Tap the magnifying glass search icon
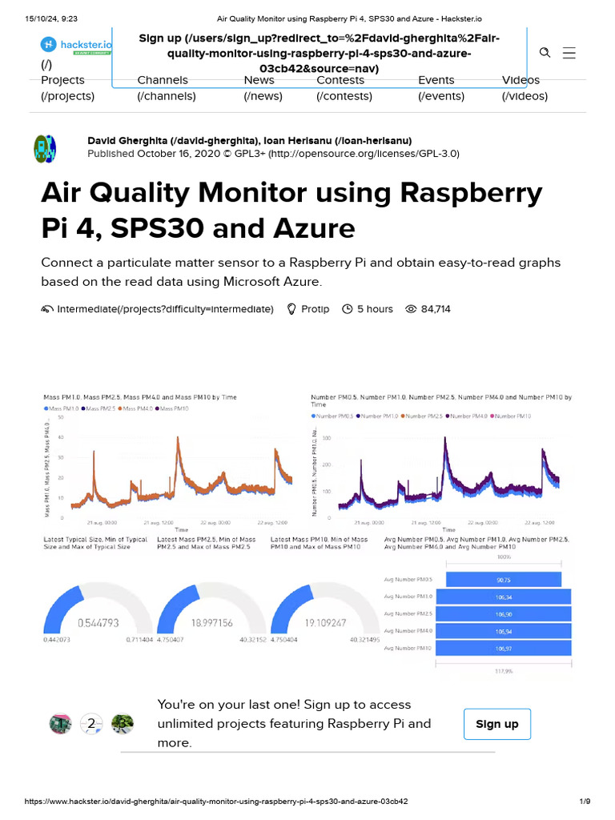click(x=545, y=53)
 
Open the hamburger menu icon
click(x=569, y=53)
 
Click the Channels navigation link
click(x=163, y=80)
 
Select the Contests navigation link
click(x=340, y=80)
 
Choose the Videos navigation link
click(x=521, y=80)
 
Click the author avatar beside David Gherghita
click(x=45, y=148)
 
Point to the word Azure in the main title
click(x=311, y=229)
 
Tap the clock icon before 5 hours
click(x=348, y=309)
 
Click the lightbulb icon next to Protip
click(x=291, y=309)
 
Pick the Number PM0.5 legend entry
click(x=333, y=416)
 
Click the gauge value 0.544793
click(x=98, y=622)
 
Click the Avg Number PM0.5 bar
click(x=504, y=579)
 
